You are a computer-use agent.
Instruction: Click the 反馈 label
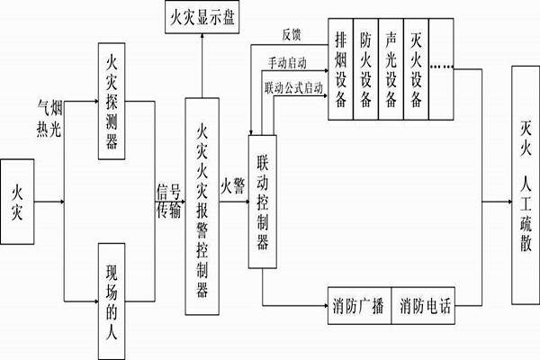click(x=291, y=35)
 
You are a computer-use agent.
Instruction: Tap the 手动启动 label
click(x=287, y=64)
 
